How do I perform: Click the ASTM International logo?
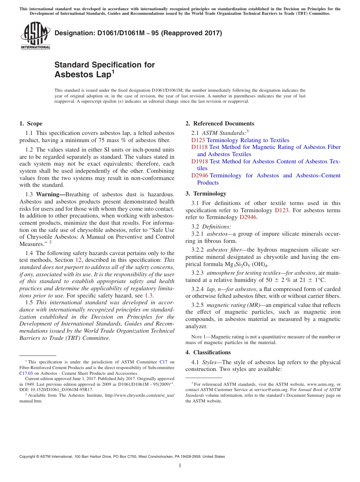(35, 36)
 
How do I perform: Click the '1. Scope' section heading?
(31, 124)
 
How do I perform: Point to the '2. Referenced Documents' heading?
(220, 124)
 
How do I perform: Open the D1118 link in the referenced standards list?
(199, 147)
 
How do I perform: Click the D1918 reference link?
(199, 161)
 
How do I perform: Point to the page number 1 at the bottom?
(180, 465)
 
